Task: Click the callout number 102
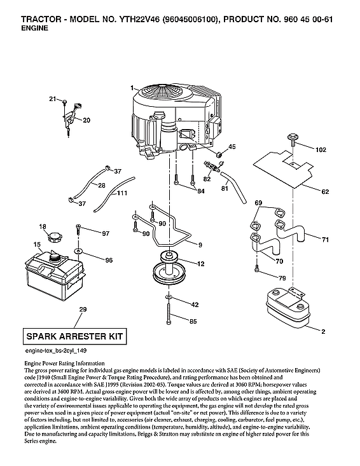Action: coord(321,149)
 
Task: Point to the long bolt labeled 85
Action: coord(170,315)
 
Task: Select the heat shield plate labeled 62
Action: coord(282,166)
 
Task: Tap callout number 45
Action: coord(232,147)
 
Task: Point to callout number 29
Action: coord(82,310)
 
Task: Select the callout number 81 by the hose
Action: coord(225,188)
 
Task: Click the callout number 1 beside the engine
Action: coord(131,86)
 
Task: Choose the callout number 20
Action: coord(87,120)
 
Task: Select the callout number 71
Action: coord(325,240)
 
